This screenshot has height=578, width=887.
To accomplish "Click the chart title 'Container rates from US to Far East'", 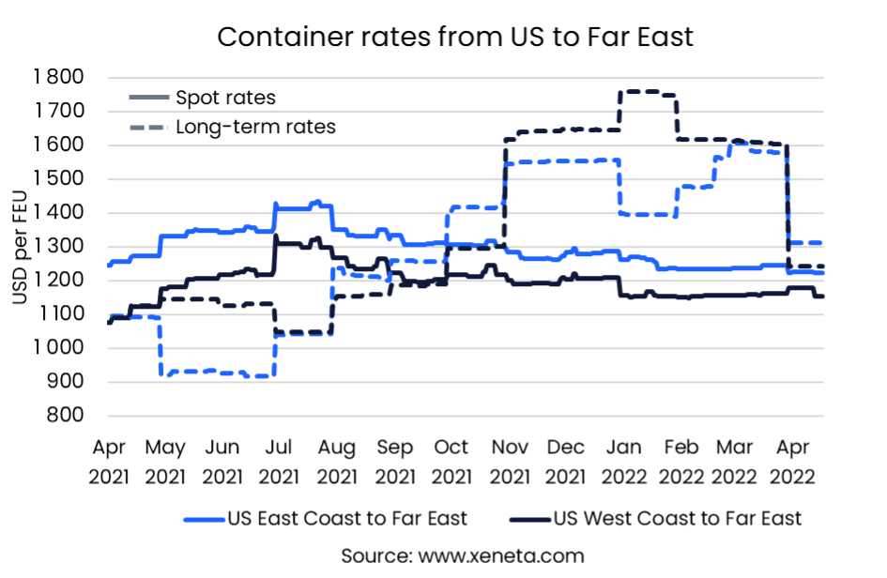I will [455, 38].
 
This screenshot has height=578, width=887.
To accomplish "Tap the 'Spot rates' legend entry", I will [225, 98].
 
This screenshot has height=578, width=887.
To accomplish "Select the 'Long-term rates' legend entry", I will [255, 127].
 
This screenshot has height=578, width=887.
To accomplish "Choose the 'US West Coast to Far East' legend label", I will [678, 518].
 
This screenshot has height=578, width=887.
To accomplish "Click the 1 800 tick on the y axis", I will [58, 77].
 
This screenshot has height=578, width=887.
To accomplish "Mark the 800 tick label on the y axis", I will [69, 416].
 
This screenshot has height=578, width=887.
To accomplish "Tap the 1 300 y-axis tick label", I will [58, 247].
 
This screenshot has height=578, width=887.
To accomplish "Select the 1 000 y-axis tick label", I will [58, 348].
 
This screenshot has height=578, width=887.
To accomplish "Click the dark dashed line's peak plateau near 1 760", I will [648, 92].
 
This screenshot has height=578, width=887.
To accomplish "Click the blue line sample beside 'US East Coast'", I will [203, 518].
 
